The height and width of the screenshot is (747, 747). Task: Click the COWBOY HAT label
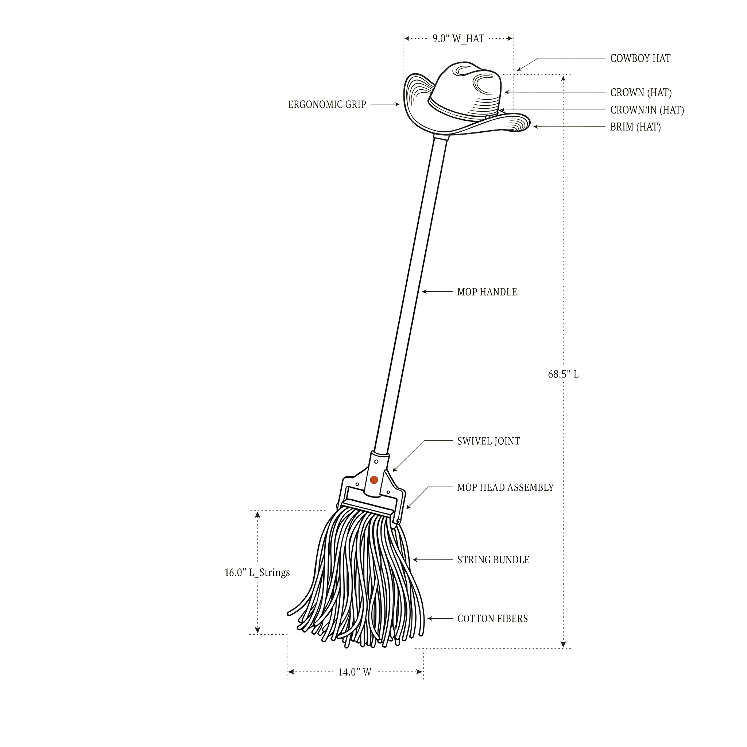coord(640,58)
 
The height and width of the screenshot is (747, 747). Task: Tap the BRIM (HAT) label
coord(635,127)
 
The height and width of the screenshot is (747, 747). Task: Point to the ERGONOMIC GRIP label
coord(327,104)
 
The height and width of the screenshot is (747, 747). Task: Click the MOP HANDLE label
coord(487,292)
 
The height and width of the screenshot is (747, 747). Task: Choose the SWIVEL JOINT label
coord(489,441)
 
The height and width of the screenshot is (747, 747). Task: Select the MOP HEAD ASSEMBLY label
coord(505,488)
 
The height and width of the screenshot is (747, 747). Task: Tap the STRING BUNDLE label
coord(494,560)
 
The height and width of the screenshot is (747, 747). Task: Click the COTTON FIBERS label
coord(492,619)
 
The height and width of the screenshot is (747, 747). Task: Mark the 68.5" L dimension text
coord(563,374)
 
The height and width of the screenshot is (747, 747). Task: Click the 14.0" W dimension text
coord(355,672)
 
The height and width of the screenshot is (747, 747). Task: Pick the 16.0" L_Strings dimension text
coord(258,573)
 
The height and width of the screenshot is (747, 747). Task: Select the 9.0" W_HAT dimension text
coord(458,39)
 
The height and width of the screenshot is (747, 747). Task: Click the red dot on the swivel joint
coord(374,480)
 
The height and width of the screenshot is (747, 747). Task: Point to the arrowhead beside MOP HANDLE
coord(424,292)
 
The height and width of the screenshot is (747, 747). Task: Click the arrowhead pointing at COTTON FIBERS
coord(430,619)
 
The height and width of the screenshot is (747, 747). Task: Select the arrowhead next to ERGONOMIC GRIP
coord(397,104)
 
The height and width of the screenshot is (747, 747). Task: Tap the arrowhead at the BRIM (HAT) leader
coord(536,127)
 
